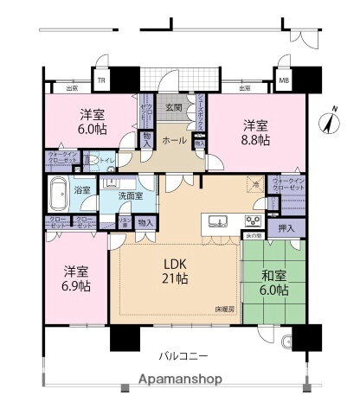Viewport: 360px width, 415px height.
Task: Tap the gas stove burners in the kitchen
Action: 253,219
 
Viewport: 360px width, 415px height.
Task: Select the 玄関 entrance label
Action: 174,108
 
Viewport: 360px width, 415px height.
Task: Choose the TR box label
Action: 100,81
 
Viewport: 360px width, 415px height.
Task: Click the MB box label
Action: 283,81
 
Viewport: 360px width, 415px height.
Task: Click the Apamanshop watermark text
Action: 180,379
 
